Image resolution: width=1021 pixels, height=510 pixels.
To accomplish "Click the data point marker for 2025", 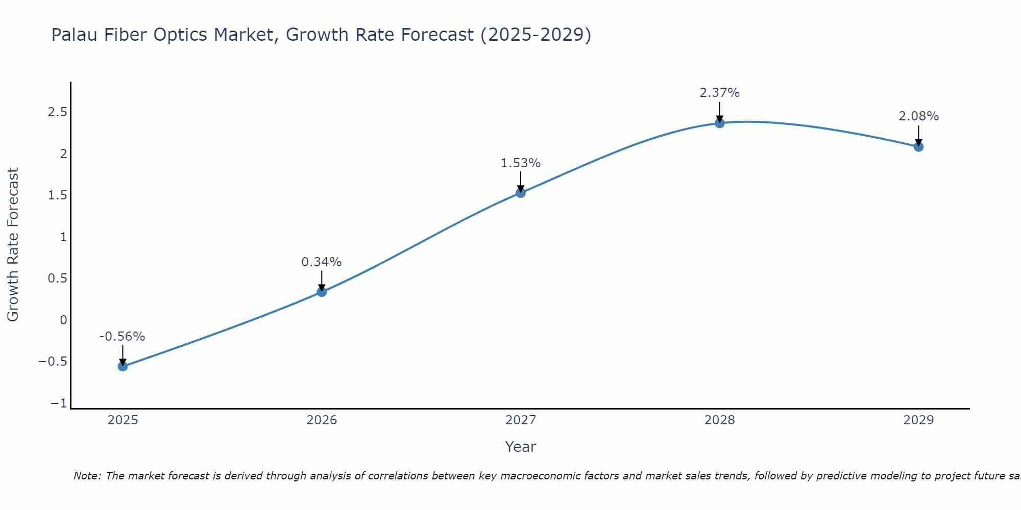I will (x=123, y=366).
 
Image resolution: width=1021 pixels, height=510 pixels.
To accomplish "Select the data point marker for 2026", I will (x=322, y=292).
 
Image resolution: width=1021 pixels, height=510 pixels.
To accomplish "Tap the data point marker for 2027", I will (x=521, y=193).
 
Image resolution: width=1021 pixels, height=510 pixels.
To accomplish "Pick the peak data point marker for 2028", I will (x=720, y=123).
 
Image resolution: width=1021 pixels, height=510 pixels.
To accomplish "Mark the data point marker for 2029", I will (x=918, y=147).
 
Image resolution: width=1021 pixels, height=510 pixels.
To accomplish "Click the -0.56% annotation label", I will (x=122, y=337).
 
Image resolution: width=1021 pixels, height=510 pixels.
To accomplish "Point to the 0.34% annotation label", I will (x=322, y=262).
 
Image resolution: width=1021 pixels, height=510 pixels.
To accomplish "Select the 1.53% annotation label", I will (x=521, y=163).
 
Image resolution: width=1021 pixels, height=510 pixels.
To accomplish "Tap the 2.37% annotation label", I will (x=720, y=93).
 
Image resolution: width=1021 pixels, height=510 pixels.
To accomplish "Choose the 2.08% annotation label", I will (x=918, y=116).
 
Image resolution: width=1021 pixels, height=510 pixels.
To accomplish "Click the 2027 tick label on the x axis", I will (x=521, y=420).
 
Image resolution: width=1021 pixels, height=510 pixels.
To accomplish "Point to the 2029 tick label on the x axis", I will (x=918, y=420).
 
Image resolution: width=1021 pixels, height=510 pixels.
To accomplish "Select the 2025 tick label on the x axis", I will (x=123, y=420).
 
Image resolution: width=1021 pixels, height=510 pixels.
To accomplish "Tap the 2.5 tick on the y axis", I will (x=57, y=112).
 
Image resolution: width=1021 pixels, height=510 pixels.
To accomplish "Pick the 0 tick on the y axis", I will (x=63, y=320).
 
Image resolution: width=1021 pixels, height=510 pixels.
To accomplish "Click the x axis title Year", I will (x=521, y=447).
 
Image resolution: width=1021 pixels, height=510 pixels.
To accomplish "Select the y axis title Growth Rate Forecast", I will (x=13, y=245).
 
